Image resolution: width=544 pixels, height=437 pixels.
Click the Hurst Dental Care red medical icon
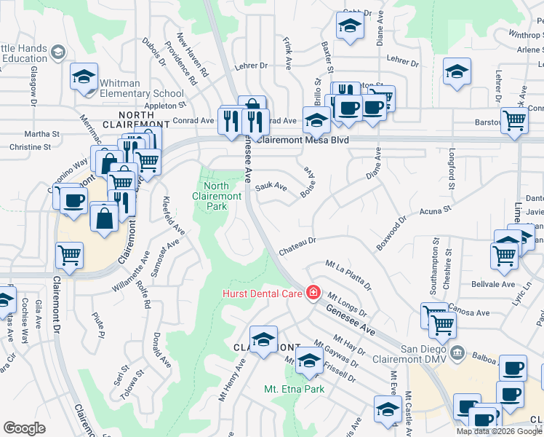(x=313, y=293)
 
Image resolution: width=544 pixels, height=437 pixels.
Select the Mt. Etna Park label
(x=293, y=389)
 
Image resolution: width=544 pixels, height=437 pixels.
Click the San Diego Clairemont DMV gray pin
(x=457, y=353)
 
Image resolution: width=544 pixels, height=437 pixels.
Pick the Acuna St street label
(x=436, y=211)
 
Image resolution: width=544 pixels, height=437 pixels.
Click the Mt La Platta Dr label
(x=348, y=275)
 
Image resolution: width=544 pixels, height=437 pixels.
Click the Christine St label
(x=30, y=146)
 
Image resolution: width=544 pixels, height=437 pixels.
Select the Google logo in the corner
(x=24, y=428)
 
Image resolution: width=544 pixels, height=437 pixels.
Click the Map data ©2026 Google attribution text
(x=499, y=431)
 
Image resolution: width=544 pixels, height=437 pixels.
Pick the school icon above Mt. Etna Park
(x=309, y=361)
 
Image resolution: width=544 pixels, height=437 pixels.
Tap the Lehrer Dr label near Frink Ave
(x=252, y=66)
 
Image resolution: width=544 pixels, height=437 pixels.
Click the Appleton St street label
(x=161, y=106)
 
